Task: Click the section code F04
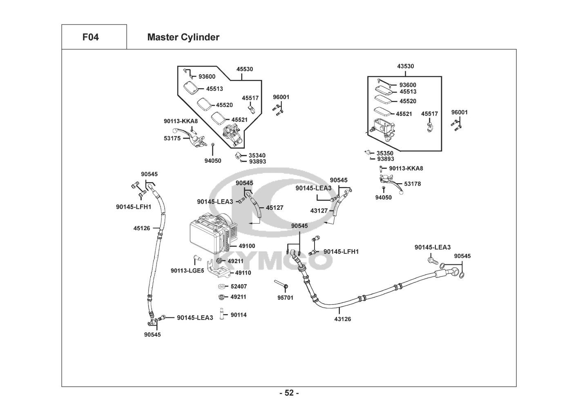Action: pyautogui.click(x=90, y=37)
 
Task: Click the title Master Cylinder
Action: pyautogui.click(x=183, y=37)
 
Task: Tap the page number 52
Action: pyautogui.click(x=289, y=393)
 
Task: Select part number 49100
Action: pyautogui.click(x=247, y=246)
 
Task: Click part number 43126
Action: pyautogui.click(x=342, y=319)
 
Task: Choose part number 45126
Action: pyautogui.click(x=141, y=228)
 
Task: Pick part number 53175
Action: pyautogui.click(x=172, y=138)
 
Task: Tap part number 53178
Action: pyautogui.click(x=412, y=184)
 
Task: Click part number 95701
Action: pyautogui.click(x=285, y=298)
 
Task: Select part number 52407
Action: pyautogui.click(x=239, y=286)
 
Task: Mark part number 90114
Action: pyautogui.click(x=239, y=315)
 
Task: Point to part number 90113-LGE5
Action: pyautogui.click(x=187, y=271)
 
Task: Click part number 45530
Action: pyautogui.click(x=245, y=69)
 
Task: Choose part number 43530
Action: pyautogui.click(x=405, y=66)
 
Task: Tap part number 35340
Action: pyautogui.click(x=257, y=155)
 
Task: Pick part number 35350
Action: pyautogui.click(x=385, y=153)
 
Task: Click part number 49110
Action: pyautogui.click(x=243, y=273)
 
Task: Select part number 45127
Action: pyautogui.click(x=274, y=208)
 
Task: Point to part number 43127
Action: pyautogui.click(x=319, y=211)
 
